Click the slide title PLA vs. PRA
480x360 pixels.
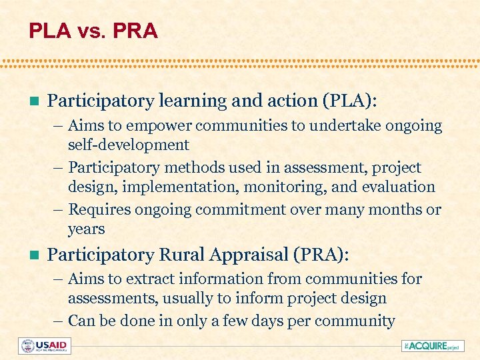[x=93, y=31]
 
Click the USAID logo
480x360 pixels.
[x=45, y=346]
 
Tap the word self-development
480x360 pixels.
[x=128, y=145]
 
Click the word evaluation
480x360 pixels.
[x=398, y=187]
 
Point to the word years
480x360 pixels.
[x=86, y=229]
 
